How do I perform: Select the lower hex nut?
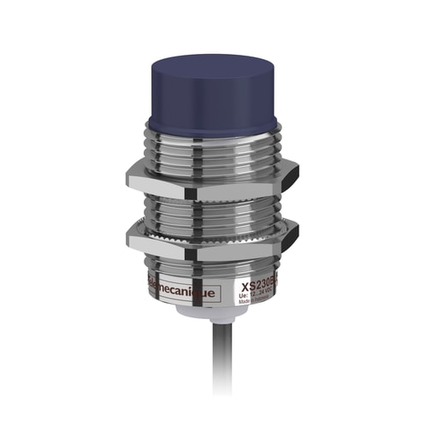(206, 244)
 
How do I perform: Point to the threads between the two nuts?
(206, 210)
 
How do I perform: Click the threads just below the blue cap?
(206, 141)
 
